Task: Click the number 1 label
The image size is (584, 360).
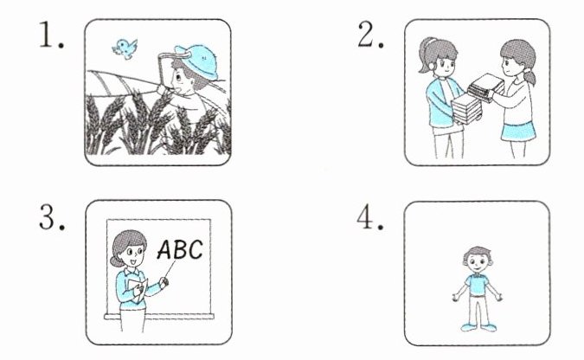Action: (x=51, y=35)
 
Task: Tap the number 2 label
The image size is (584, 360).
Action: (x=370, y=35)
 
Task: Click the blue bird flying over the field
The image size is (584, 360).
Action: (x=125, y=48)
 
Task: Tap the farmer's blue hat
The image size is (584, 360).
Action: (x=196, y=61)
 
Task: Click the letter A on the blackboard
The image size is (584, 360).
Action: (x=165, y=249)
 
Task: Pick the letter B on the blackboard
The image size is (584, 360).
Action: (x=181, y=249)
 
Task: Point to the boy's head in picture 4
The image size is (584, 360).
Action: (x=478, y=259)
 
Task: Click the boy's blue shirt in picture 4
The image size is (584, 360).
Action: (x=477, y=285)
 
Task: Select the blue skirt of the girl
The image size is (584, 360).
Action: (x=518, y=132)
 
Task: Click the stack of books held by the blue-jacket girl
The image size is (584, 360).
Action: (x=465, y=108)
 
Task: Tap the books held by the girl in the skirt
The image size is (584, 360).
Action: (x=485, y=87)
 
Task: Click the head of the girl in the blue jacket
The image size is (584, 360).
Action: (x=438, y=56)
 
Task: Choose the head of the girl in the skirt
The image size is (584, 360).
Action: (x=517, y=60)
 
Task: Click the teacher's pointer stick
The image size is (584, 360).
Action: (x=169, y=270)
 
